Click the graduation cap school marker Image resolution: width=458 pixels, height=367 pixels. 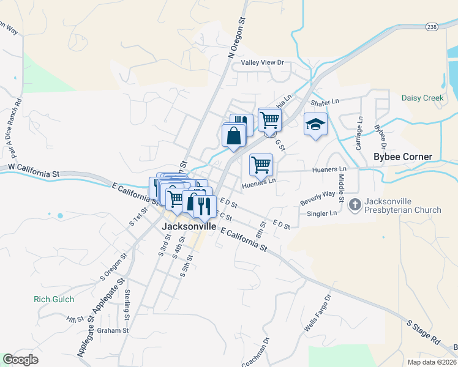[x=315, y=125]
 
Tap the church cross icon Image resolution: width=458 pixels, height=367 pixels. [x=355, y=205]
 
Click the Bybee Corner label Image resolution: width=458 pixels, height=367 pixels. [x=403, y=157]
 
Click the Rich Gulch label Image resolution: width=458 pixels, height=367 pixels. [x=54, y=299]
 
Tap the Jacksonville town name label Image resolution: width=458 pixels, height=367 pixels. [x=189, y=226]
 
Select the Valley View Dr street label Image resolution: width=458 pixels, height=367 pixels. [x=263, y=62]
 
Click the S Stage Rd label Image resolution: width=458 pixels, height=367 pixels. [x=423, y=331]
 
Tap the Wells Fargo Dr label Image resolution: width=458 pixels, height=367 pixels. [x=318, y=314]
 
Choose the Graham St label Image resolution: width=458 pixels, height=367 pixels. [x=113, y=330]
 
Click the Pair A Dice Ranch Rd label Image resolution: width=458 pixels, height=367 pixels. [x=19, y=129]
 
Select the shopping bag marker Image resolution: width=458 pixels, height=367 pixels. [x=234, y=136]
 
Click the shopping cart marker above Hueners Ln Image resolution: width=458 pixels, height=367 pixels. [x=261, y=165]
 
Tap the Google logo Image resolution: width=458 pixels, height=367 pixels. [x=21, y=360]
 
